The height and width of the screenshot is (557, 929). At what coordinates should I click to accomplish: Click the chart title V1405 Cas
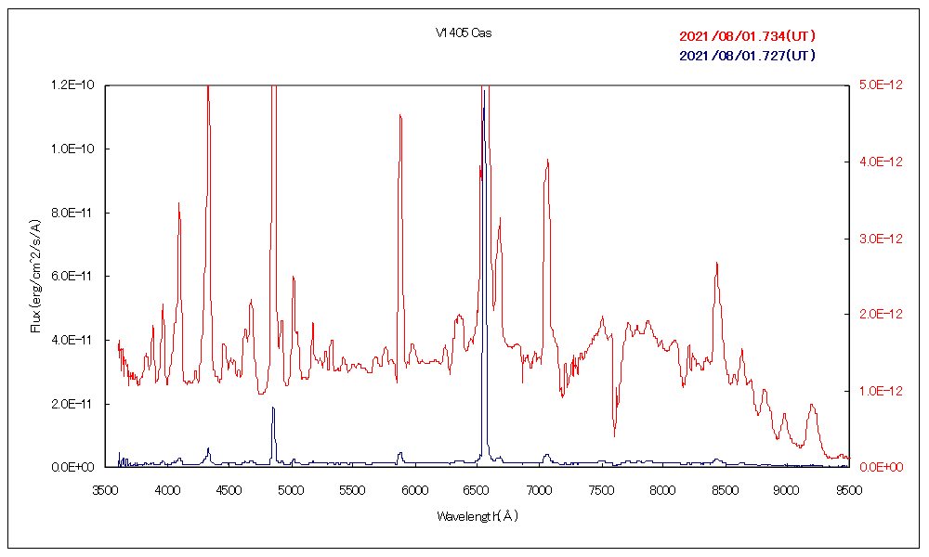coord(464,33)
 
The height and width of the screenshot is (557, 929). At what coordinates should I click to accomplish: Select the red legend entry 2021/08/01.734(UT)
coord(748,37)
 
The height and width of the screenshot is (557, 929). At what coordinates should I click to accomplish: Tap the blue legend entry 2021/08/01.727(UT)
coord(748,56)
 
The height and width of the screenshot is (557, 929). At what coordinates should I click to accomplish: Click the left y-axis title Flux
coord(36,276)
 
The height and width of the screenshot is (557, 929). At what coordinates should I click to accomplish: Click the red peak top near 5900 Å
coord(399,115)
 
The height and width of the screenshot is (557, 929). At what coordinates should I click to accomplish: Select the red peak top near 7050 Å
coord(548,161)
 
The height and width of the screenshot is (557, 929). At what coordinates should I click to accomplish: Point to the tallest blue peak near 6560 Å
coord(483,107)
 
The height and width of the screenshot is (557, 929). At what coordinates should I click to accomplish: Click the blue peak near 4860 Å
coord(273,408)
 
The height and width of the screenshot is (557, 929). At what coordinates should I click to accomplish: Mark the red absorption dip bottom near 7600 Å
coord(614,435)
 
